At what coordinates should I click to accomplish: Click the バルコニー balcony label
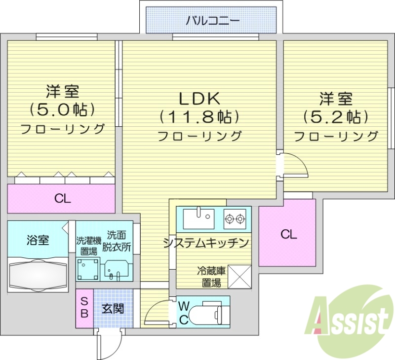click(213, 21)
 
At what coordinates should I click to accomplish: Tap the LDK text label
click(199, 99)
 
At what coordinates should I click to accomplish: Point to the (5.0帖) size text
click(62, 109)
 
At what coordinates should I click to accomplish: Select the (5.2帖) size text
click(336, 116)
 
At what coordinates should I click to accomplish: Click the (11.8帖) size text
click(199, 117)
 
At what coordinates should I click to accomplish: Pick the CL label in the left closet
click(62, 199)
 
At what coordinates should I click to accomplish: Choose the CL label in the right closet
click(289, 234)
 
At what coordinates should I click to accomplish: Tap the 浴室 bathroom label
click(38, 241)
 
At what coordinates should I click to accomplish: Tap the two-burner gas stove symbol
click(235, 217)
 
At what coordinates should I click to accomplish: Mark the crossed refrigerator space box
click(239, 277)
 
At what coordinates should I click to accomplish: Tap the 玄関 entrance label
click(113, 309)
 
